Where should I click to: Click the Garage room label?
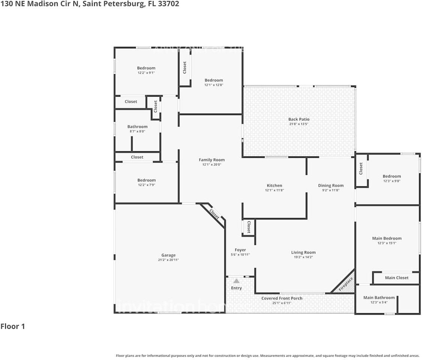coord(168,255)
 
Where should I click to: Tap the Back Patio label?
coord(299,119)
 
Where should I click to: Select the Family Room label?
coord(212,160)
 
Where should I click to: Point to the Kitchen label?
coord(274,186)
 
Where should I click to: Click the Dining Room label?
coord(330,186)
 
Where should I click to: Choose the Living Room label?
coord(303,252)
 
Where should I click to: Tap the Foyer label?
coord(240,250)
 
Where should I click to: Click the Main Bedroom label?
coord(387,238)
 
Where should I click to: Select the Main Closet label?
coord(396,278)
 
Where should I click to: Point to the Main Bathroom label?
coord(379,298)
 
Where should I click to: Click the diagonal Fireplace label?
coord(345,284)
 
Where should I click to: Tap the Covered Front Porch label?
coord(282,298)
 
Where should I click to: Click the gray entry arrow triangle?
coord(236,280)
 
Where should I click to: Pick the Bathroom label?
coord(137,127)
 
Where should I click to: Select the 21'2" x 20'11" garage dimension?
coord(168,260)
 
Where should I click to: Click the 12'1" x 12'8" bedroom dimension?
coord(213,85)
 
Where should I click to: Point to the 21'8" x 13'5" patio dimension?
coord(299,124)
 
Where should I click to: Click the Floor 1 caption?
coord(13,326)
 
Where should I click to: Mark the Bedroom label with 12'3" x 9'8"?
coord(392,176)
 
